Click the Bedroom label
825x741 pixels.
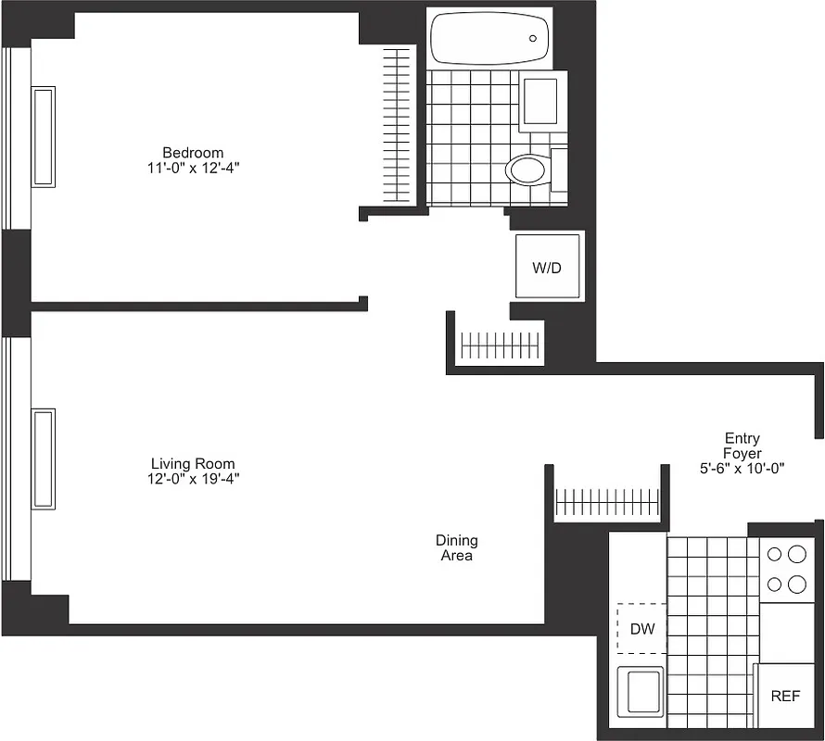coord(193,153)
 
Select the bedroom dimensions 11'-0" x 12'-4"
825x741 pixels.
coord(193,168)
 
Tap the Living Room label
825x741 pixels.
coord(193,463)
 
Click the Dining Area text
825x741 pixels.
coord(457,547)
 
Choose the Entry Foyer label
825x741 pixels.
coord(742,446)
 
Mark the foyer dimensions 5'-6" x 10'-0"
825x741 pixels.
coord(742,469)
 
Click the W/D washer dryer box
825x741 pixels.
coord(547,267)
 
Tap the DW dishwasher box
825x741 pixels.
coord(642,629)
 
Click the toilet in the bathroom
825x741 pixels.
coord(528,170)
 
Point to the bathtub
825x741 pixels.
coord(490,39)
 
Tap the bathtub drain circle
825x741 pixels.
coord(533,39)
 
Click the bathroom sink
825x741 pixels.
coord(539,101)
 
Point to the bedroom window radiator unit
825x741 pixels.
coord(44,136)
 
